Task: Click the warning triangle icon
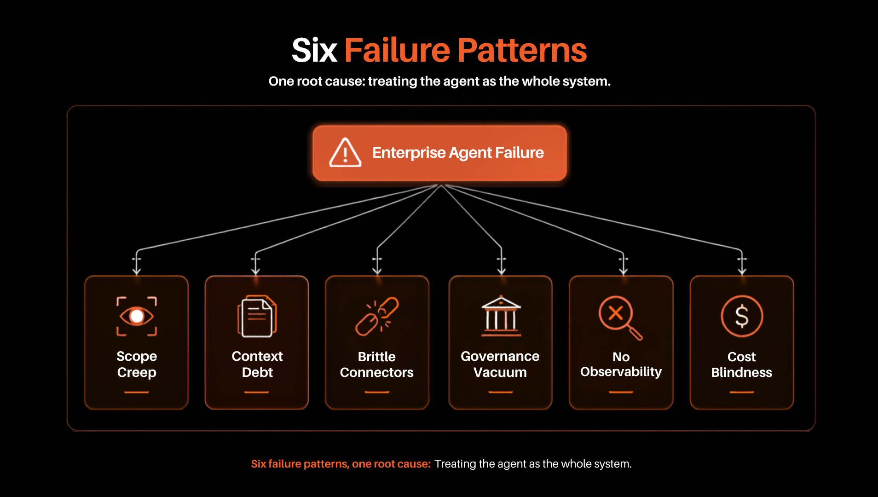click(345, 153)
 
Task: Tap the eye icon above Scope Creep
click(137, 316)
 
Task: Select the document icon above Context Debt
click(257, 317)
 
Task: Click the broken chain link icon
click(377, 316)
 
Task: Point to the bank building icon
click(501, 316)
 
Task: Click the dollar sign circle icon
click(742, 316)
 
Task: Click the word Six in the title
click(315, 50)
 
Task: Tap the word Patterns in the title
click(522, 50)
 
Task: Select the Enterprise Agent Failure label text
click(458, 153)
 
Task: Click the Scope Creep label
click(137, 364)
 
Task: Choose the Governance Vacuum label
click(500, 364)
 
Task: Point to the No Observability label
click(621, 364)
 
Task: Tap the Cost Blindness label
click(742, 364)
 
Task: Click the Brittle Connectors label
click(377, 364)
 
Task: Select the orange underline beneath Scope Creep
click(137, 392)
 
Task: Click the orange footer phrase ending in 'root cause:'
click(341, 464)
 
